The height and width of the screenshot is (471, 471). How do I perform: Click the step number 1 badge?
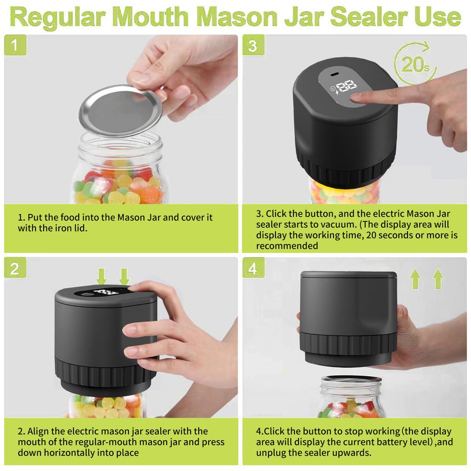tap(15, 46)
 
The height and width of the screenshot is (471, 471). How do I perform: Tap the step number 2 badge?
tap(15, 269)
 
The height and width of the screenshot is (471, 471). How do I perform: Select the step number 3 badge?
tap(253, 46)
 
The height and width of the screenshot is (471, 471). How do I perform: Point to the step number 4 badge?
tap(253, 269)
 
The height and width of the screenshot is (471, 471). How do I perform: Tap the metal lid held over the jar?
tap(121, 110)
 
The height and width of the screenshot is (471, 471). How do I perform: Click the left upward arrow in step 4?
tap(415, 279)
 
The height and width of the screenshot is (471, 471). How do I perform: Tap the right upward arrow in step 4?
tap(438, 279)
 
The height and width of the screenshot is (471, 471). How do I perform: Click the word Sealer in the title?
tap(369, 17)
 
